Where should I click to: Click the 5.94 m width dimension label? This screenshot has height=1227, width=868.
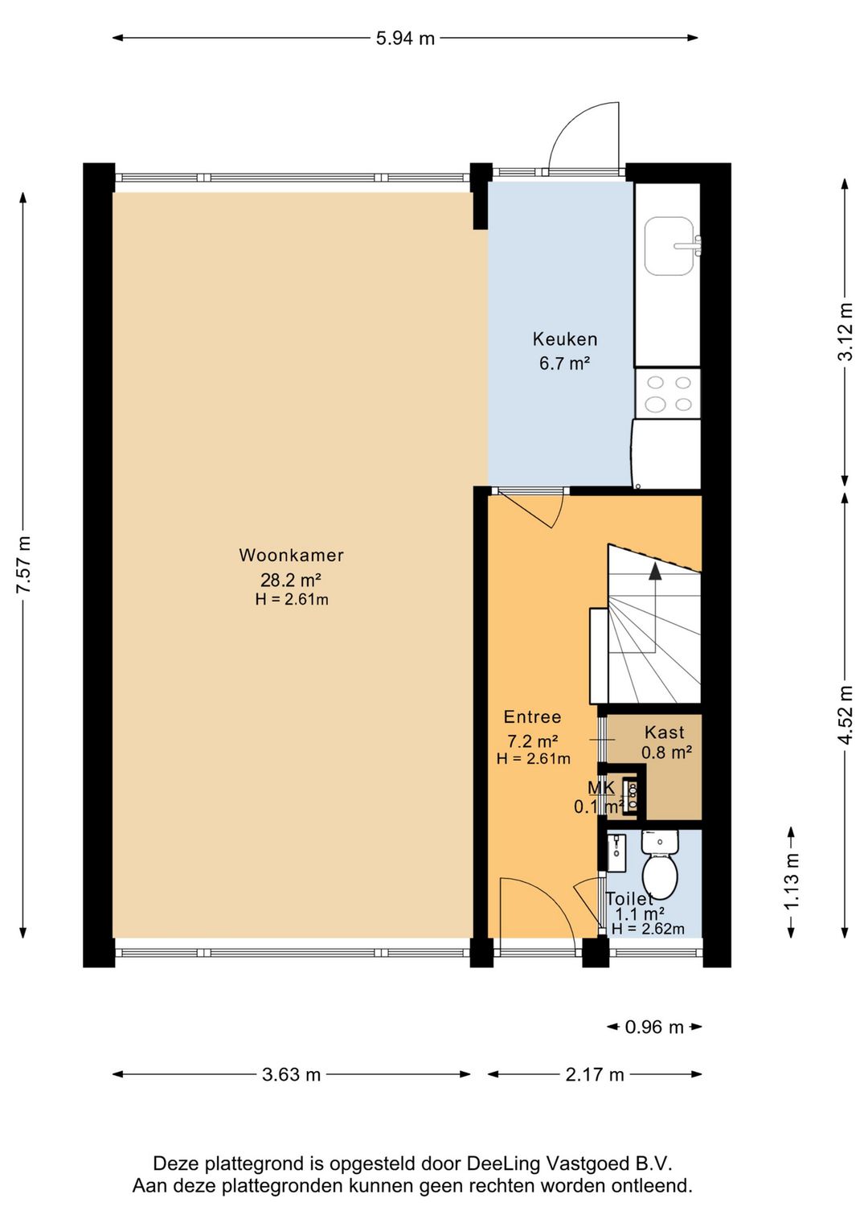click(x=405, y=39)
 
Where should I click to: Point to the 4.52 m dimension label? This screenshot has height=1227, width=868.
click(x=846, y=715)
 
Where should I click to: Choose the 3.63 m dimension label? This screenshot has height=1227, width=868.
click(x=291, y=1074)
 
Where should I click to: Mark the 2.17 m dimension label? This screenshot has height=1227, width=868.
click(x=594, y=1074)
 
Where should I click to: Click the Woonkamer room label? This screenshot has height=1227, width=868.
click(x=291, y=556)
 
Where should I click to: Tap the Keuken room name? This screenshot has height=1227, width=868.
click(x=565, y=339)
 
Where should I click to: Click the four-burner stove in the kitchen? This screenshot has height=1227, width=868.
click(x=668, y=393)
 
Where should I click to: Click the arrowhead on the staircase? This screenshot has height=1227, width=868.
click(x=654, y=572)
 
